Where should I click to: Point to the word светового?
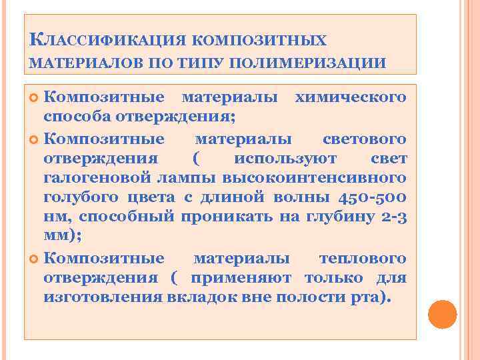[x=364, y=139]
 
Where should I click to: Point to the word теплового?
[x=363, y=258]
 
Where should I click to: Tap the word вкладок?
[x=199, y=297]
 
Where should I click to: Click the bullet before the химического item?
[x=35, y=99]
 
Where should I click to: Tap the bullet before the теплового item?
[x=35, y=259]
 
